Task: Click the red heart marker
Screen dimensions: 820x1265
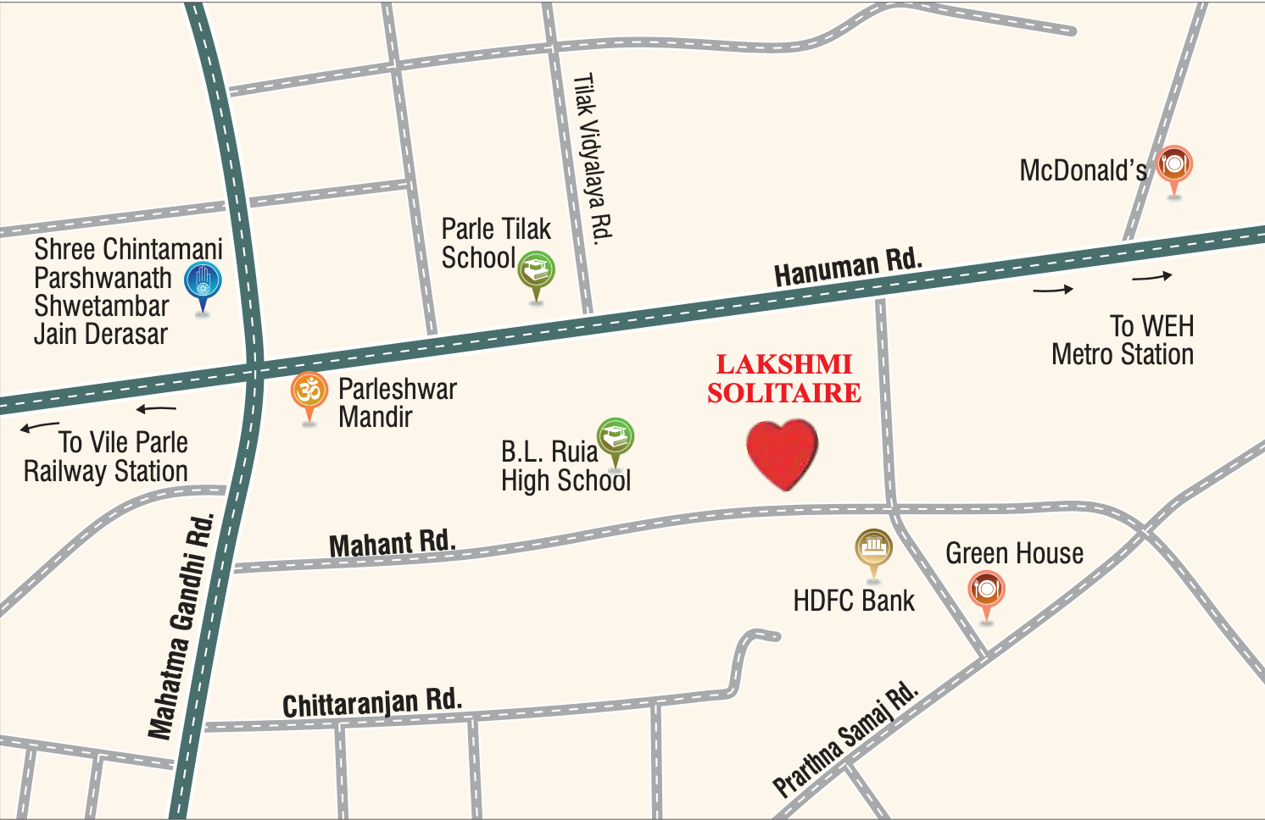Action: [x=782, y=455]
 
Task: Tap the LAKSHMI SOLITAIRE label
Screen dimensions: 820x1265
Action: [x=784, y=379]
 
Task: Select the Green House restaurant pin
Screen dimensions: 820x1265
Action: [x=986, y=590]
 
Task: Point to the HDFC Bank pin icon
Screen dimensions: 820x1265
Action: [x=873, y=549]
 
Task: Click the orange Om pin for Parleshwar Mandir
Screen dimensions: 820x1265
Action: [x=309, y=392]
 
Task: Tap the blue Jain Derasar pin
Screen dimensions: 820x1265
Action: [x=203, y=282]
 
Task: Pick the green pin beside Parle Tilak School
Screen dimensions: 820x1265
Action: [x=536, y=271]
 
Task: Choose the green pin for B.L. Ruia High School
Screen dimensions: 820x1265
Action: [x=616, y=437]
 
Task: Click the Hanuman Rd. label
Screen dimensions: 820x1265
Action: [x=847, y=268]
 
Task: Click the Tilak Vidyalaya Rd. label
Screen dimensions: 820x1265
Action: [x=593, y=158]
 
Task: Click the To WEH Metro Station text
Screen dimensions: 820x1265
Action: [x=1123, y=341]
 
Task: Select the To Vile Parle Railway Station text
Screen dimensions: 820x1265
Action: [x=106, y=457]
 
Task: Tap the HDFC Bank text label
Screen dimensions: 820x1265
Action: [x=854, y=601]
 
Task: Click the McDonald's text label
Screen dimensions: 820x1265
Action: [x=1083, y=171]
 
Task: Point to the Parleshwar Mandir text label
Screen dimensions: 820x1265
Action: [x=397, y=403]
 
